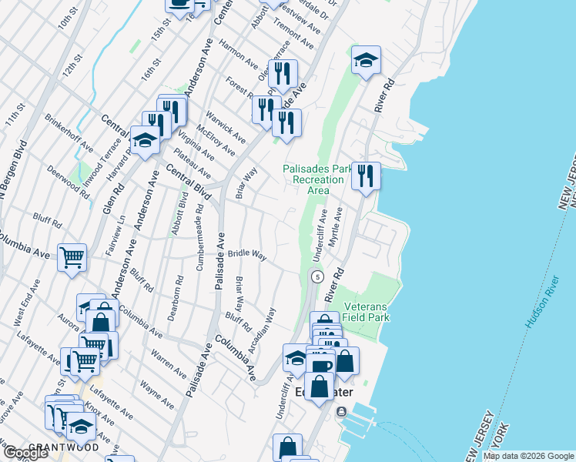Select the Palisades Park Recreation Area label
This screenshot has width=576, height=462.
click(313, 179)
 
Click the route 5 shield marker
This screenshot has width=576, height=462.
click(316, 276)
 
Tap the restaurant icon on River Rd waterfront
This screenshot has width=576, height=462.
click(366, 176)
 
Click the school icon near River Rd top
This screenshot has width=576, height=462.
click(366, 60)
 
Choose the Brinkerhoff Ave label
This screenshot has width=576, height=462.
click(69, 134)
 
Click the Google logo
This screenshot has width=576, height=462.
click(25, 453)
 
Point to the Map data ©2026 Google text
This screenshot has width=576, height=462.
click(528, 456)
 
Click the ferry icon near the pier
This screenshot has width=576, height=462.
click(342, 411)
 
